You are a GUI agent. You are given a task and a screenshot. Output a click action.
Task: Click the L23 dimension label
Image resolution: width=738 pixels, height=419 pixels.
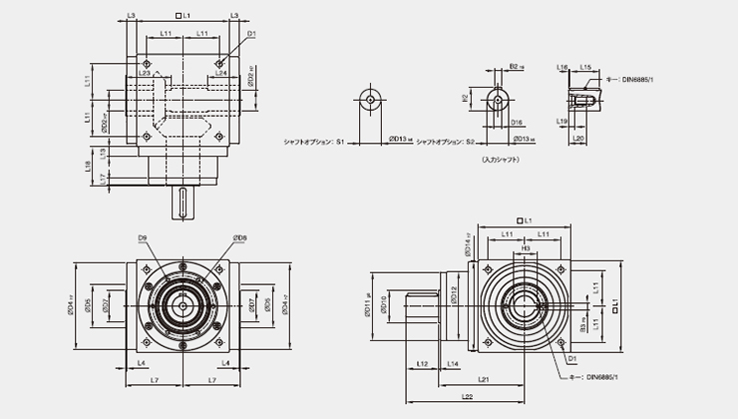point(145,73)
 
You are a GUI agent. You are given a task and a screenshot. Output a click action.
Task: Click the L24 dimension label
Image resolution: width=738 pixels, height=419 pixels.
point(220,73)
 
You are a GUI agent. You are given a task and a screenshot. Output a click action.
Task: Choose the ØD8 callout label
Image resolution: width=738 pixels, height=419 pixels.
point(239,236)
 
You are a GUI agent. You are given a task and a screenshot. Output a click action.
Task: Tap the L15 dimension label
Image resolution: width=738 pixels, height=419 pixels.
point(585,67)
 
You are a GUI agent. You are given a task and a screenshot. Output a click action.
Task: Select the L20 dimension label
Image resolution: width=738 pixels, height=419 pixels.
point(578,139)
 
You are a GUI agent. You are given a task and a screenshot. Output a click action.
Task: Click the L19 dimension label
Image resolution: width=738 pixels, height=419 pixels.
point(563,121)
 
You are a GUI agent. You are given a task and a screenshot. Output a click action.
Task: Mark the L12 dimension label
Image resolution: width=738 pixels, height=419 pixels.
point(422,364)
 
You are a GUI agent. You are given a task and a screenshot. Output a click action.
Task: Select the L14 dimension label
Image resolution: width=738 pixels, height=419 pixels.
point(454,364)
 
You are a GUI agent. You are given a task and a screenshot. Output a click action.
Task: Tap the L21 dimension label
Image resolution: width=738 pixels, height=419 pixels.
point(483,380)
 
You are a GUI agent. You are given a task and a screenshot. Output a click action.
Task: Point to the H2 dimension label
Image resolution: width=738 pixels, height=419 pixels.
point(466,98)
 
